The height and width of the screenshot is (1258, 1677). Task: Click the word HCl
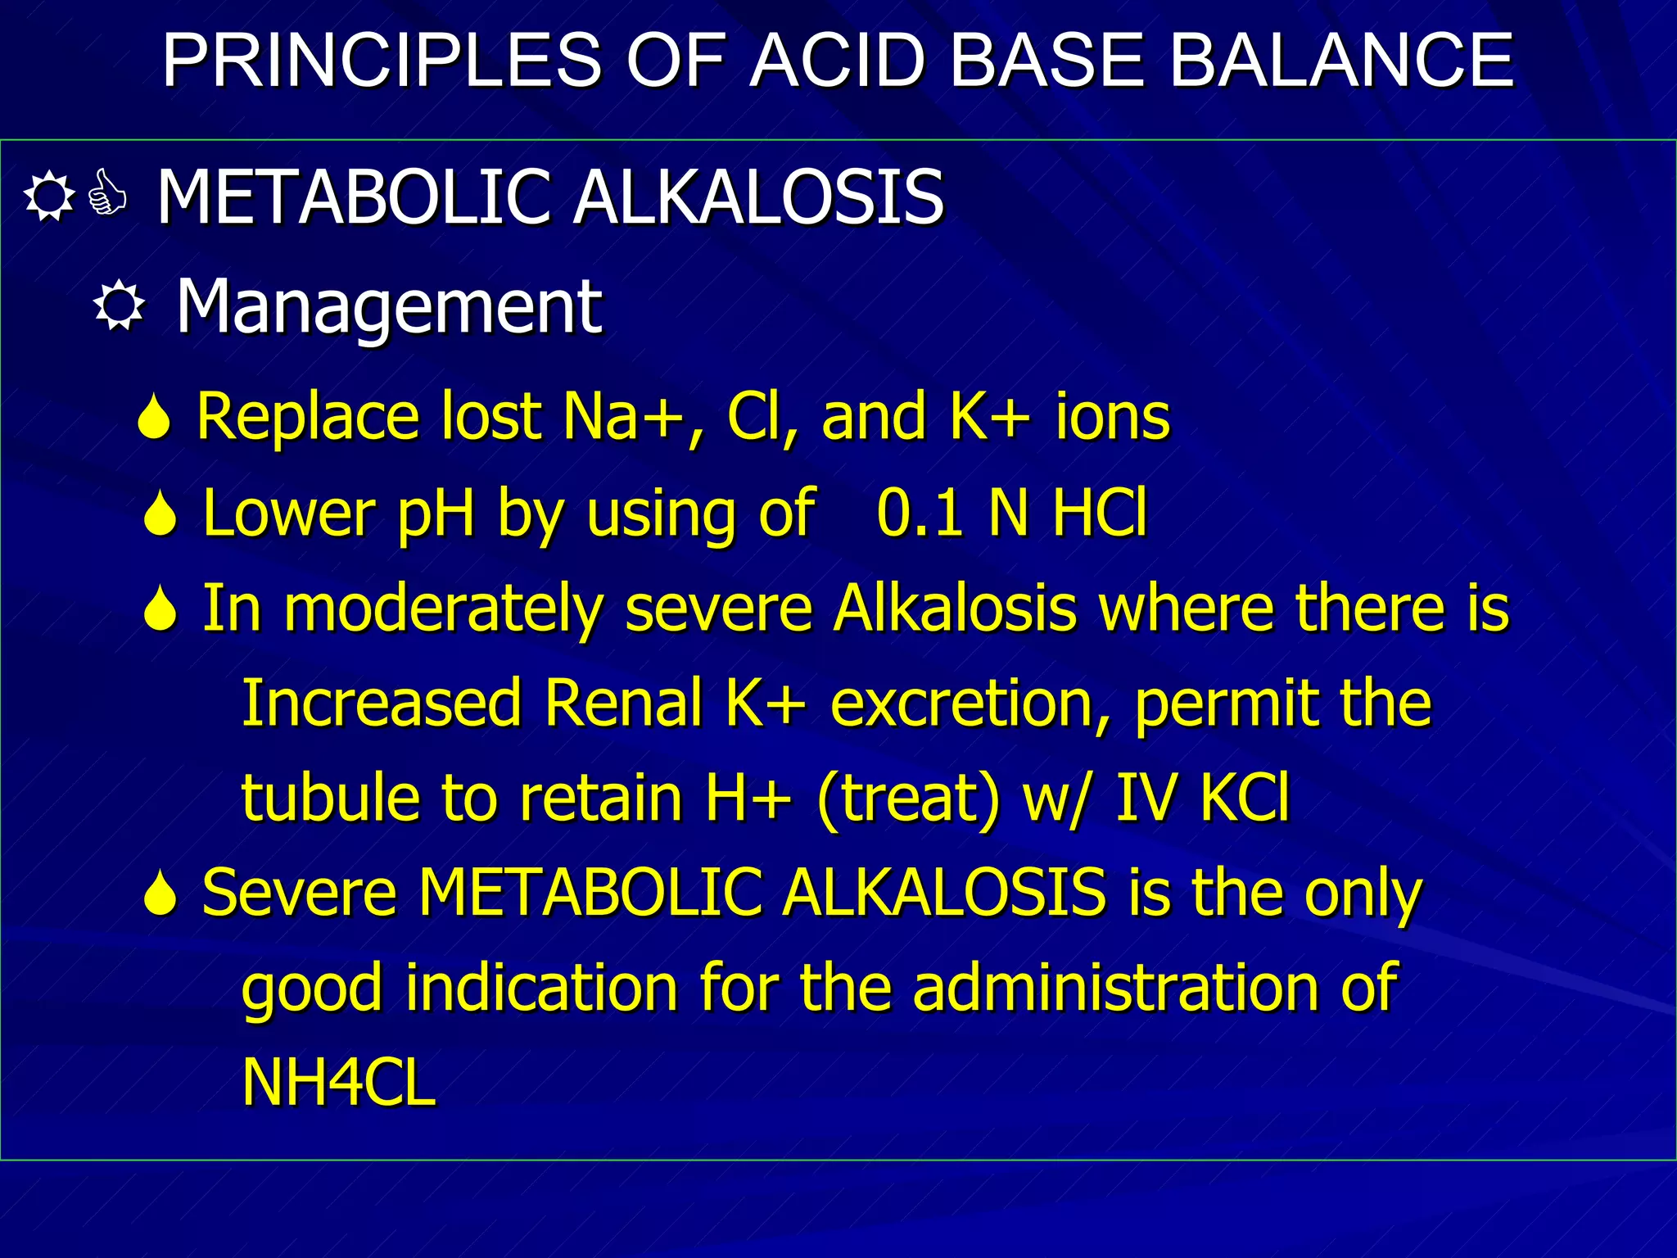(1100, 514)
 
